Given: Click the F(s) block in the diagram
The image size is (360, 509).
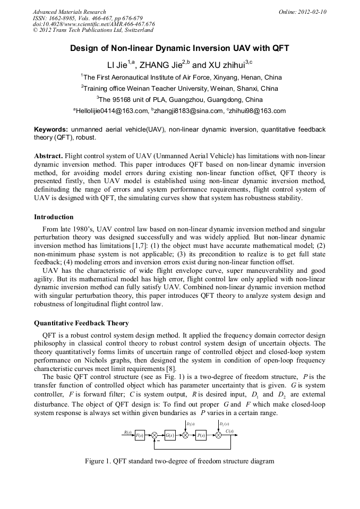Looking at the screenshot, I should point(140,436).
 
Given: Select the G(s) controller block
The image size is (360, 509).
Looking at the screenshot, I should point(170,436).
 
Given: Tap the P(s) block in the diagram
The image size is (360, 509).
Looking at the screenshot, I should point(201,436).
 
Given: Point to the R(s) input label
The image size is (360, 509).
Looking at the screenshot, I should point(127,432).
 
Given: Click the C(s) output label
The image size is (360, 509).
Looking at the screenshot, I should point(229,431).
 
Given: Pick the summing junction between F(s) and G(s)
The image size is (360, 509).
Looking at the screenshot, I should point(155,436).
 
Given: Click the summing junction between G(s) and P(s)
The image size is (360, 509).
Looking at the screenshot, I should point(185,436).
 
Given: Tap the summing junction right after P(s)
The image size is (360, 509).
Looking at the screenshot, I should point(218,436).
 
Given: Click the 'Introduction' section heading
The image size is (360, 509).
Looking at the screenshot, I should point(54,217).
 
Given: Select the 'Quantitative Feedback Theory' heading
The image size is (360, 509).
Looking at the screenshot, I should point(81,323).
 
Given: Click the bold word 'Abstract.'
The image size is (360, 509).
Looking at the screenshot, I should point(48,156).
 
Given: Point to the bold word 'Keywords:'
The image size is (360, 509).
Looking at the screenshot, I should point(51,130).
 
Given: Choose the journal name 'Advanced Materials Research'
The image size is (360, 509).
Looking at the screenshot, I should point(69,12).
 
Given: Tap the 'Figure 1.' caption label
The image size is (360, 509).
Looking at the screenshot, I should point(98,461).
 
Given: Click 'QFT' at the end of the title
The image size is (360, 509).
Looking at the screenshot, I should point(279,48).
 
